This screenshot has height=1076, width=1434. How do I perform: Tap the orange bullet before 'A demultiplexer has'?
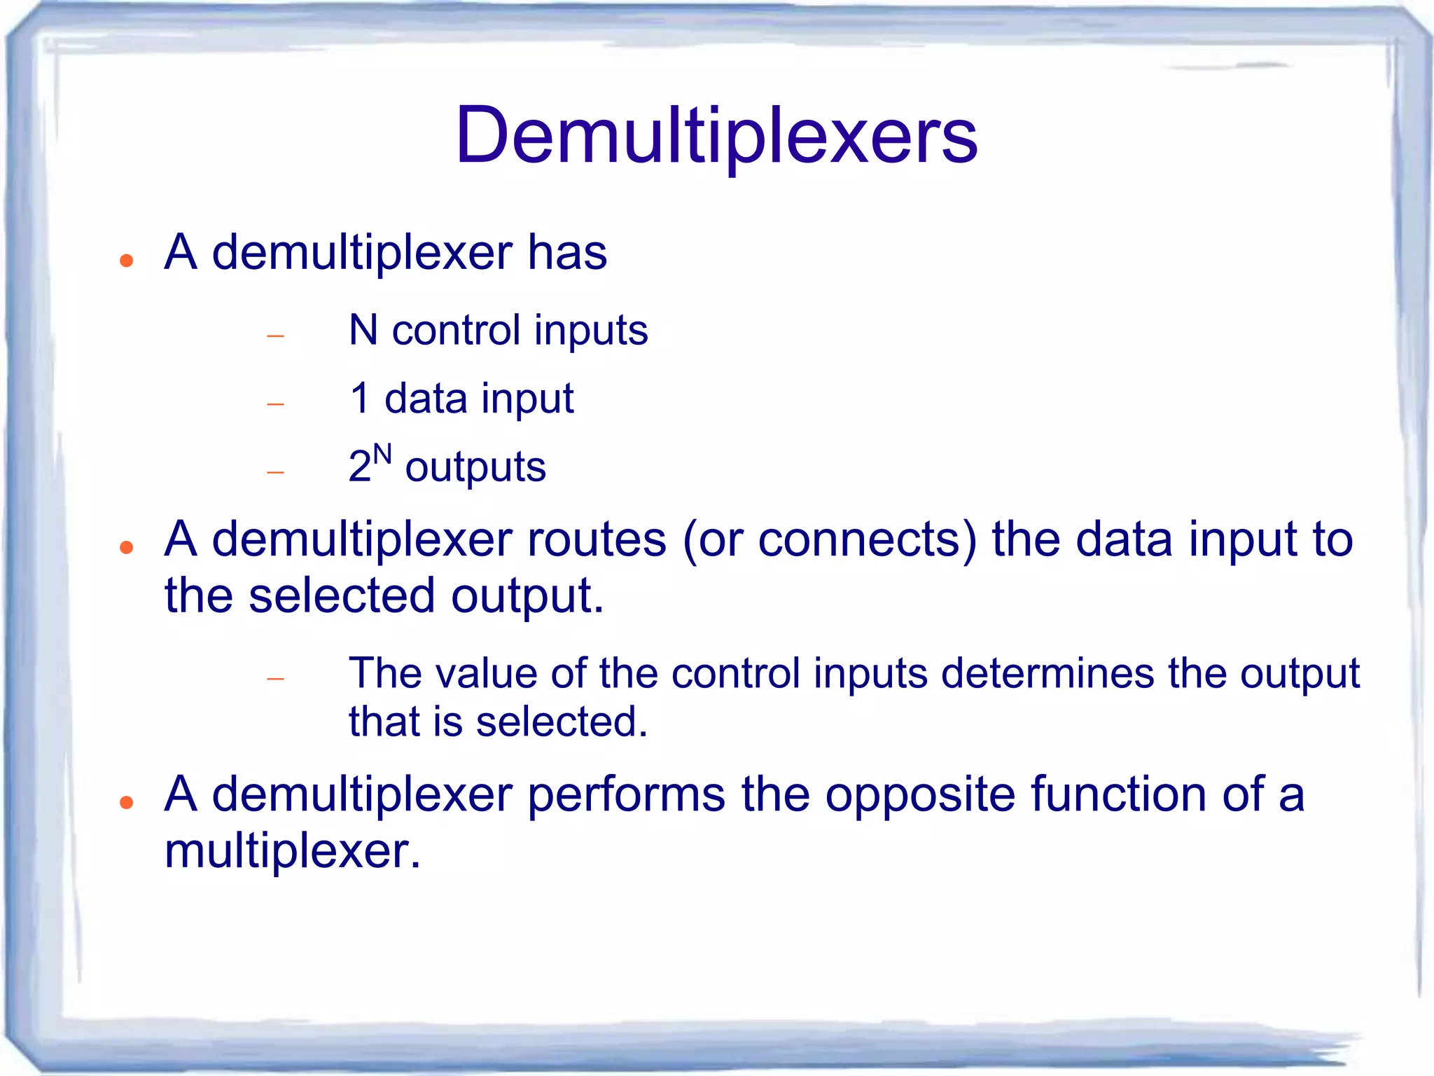coord(127,261)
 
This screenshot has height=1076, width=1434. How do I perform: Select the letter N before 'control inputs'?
coord(363,330)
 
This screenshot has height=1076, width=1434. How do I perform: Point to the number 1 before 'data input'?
coord(359,398)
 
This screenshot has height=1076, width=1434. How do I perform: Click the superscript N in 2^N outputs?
coord(382,455)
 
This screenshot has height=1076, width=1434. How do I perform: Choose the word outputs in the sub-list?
coord(475,467)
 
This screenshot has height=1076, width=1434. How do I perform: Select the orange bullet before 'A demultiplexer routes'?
coord(127,548)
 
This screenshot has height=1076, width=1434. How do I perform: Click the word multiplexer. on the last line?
coord(293,852)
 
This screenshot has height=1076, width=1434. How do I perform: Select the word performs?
coord(626,795)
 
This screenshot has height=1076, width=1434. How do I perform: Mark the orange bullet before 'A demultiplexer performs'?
coord(127,803)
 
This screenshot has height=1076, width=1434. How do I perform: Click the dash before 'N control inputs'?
coord(276,336)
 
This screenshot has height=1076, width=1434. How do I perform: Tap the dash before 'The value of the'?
coord(276,679)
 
